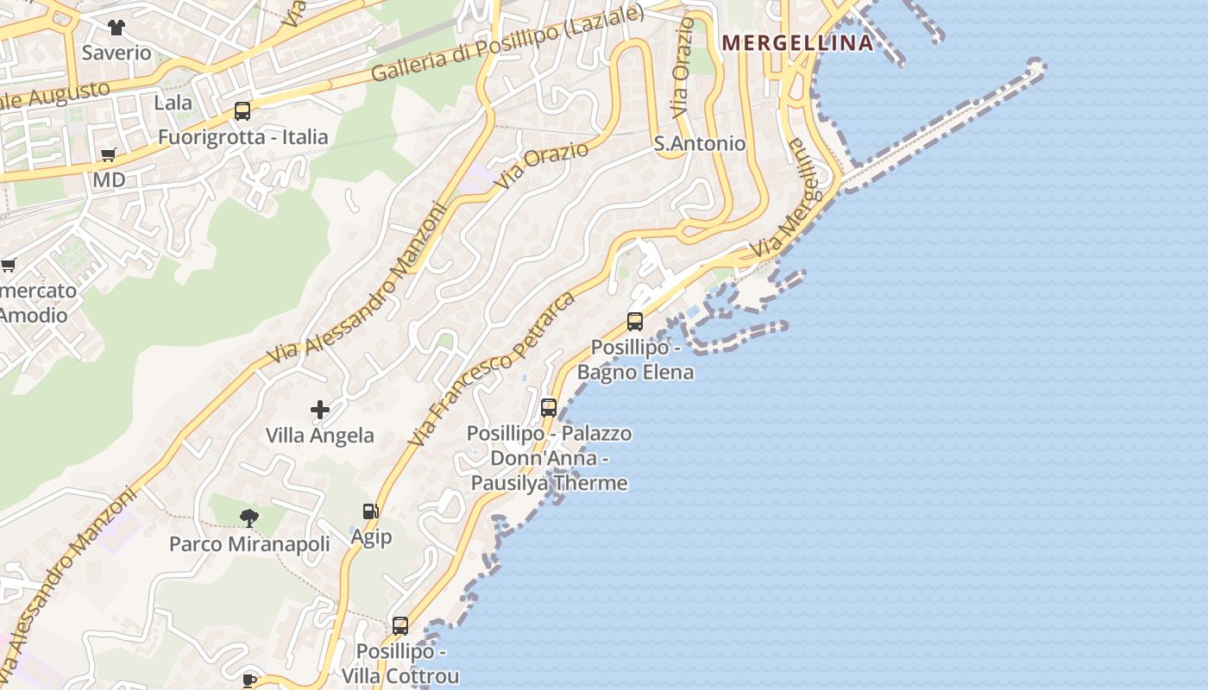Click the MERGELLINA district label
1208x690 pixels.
point(797,42)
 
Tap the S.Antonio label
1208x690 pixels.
point(699,143)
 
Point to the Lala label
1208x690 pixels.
point(173,103)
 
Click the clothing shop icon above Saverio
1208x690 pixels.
point(116,28)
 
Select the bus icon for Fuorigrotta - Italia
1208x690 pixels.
point(242,111)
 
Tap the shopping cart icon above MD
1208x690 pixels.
point(109,155)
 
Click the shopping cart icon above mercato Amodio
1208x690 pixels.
point(9,265)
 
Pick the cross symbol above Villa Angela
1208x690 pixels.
point(320,410)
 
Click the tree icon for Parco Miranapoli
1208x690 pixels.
point(249,517)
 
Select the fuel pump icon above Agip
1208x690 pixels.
point(371,511)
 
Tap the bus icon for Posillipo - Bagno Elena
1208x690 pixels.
point(635,322)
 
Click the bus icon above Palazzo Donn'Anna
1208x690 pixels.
point(549,408)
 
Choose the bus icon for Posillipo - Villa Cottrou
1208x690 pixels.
point(400,626)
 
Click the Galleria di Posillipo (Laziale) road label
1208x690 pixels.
point(507,43)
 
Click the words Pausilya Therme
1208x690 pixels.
point(549,483)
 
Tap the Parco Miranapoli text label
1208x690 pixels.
point(249,544)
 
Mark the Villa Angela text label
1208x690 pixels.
point(320,436)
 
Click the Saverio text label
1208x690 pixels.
point(116,53)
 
